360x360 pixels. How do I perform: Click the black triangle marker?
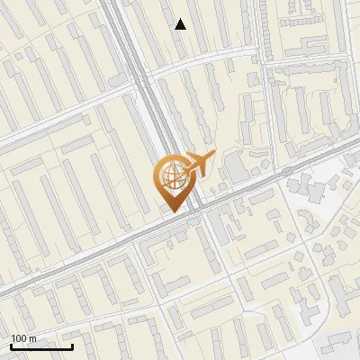coord(181,25)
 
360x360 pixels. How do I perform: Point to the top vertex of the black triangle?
coord(181,19)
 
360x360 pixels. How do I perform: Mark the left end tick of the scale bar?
coord(11,346)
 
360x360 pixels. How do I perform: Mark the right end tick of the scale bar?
coord(72,346)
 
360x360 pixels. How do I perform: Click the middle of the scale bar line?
coord(41,347)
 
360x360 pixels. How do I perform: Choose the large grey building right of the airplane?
coord(236,168)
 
